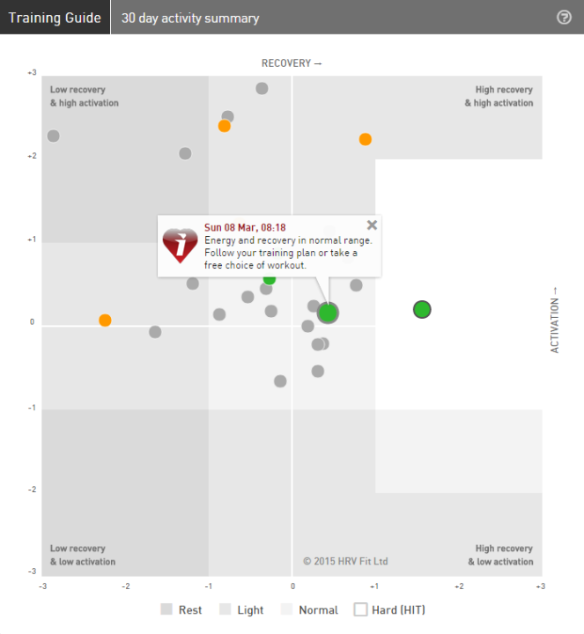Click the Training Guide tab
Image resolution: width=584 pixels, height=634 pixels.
(x=55, y=18)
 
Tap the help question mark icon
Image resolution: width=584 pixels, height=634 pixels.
(x=565, y=18)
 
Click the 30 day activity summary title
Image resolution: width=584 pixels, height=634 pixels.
(x=190, y=18)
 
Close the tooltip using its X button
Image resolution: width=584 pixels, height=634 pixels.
(x=372, y=225)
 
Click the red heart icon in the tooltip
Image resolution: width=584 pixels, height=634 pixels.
(x=181, y=246)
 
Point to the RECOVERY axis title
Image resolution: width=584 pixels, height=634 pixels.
(x=292, y=63)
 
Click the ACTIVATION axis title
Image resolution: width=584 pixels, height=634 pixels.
(x=555, y=320)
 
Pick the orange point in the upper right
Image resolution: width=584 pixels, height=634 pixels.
(x=366, y=139)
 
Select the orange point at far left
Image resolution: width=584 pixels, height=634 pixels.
(x=105, y=321)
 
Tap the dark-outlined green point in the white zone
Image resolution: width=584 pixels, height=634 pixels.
(x=422, y=309)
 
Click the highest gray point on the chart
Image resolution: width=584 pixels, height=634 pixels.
(x=262, y=88)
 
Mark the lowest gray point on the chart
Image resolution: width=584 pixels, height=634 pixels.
(x=280, y=381)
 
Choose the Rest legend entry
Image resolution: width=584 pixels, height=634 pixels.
(x=181, y=609)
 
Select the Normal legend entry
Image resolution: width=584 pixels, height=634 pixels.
(x=309, y=609)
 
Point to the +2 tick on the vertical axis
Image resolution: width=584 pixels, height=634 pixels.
(x=32, y=157)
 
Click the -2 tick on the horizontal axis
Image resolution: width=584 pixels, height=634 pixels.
(x=126, y=586)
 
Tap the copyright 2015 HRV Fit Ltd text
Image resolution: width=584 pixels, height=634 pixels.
(x=345, y=561)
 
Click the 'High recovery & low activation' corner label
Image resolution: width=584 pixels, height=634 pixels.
(x=504, y=555)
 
